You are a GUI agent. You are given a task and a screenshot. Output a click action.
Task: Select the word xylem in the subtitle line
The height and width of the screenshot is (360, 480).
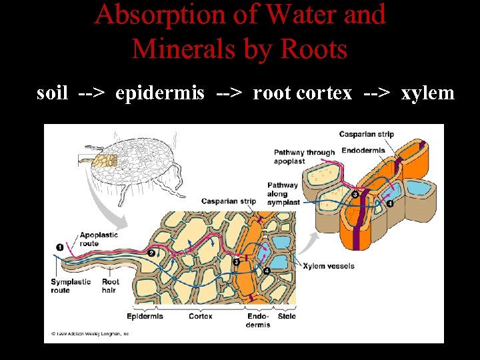427,93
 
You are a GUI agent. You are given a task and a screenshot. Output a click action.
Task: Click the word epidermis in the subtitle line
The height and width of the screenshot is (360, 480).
160,93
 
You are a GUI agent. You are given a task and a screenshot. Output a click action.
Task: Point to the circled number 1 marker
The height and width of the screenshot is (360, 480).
60,247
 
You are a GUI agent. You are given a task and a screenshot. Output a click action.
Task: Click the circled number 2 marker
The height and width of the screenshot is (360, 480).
151,253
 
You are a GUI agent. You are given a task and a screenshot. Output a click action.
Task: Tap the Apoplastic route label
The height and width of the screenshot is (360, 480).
99,239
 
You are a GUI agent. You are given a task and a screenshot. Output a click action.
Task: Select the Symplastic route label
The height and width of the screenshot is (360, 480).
70,286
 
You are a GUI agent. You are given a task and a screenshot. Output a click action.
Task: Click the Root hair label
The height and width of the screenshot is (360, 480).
110,286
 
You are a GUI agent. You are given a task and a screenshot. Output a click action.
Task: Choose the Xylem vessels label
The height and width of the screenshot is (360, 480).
329,266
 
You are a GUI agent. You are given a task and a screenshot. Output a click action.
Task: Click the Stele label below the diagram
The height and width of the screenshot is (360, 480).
287,316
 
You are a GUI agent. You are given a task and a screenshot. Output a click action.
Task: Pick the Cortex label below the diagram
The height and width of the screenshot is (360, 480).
201,316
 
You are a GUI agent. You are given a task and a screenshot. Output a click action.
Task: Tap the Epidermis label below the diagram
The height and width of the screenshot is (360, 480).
145,316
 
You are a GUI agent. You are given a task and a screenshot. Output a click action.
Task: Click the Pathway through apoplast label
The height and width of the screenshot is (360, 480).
303,157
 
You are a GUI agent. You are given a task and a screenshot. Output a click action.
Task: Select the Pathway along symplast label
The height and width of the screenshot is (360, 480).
283,193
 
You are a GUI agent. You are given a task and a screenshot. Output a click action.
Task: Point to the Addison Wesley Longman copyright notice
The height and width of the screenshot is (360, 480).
90,333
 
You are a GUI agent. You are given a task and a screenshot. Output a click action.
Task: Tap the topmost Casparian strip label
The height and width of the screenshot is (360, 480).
366,134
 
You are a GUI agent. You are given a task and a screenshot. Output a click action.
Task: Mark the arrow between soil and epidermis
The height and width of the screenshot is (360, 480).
91,93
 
